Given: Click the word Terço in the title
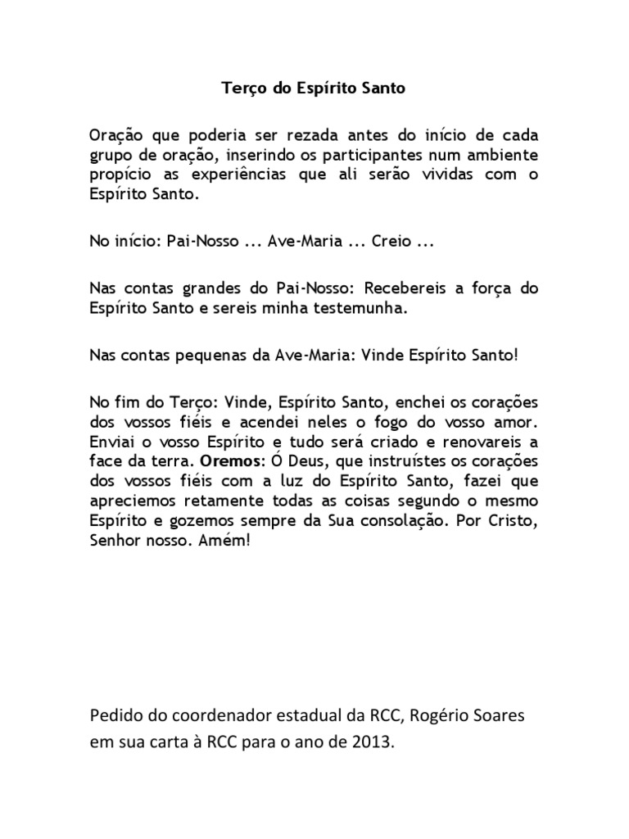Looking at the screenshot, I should click(x=243, y=88).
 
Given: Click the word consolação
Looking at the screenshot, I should click(x=396, y=519).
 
